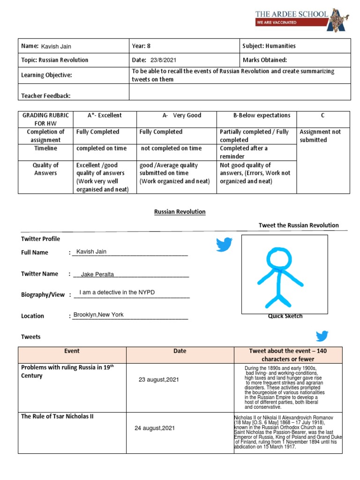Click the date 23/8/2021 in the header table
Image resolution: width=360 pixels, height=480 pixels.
pos(164,60)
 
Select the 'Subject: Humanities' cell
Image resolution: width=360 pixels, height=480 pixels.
pos(269,46)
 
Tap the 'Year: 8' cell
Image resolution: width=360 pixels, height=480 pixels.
pos(142,46)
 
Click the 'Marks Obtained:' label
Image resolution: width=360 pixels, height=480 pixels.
pos(264,60)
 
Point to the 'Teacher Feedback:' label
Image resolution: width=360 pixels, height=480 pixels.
pos(46,96)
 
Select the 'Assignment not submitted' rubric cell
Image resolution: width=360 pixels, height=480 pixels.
pos(320,136)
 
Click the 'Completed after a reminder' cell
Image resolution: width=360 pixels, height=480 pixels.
pos(244,152)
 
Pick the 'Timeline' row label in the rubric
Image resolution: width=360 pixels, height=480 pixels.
pos(45,148)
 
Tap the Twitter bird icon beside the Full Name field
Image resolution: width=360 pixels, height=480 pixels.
pos(224,244)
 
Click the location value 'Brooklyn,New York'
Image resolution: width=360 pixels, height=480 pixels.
pos(98,315)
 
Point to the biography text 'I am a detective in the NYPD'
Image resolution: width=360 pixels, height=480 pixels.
pos(117,292)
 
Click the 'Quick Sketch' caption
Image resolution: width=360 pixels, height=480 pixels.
pos(285,316)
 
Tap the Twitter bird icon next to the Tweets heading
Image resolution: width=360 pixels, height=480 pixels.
pos(322,336)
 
